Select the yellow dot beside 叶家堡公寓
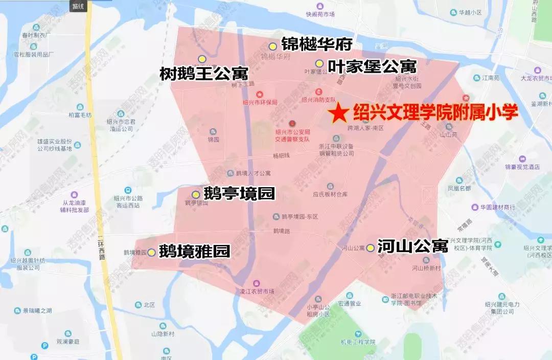pyautogui.click(x=319, y=63)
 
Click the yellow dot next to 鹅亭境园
pyautogui.click(x=195, y=194)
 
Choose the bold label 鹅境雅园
pyautogui.click(x=194, y=252)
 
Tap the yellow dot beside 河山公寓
pyautogui.click(x=370, y=247)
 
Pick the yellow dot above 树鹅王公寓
pyautogui.click(x=202, y=58)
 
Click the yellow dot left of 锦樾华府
pyautogui.click(x=273, y=47)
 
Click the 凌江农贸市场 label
pyautogui.click(x=257, y=291)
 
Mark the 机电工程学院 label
pyautogui.click(x=358, y=342)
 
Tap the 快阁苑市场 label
pyautogui.click(x=320, y=14)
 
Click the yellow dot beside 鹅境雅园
pyautogui.click(x=151, y=252)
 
